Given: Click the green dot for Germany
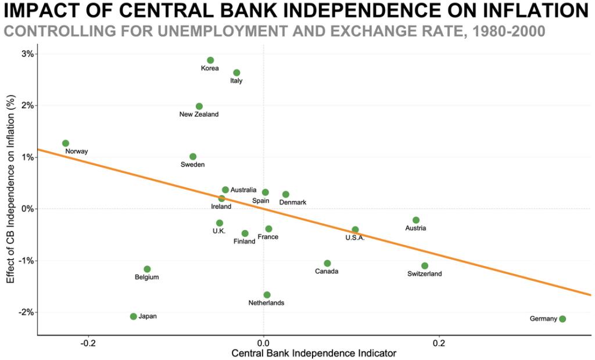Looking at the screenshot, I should pyautogui.click(x=562, y=319).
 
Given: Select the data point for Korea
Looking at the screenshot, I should pyautogui.click(x=210, y=60).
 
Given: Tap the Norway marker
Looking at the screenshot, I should pyautogui.click(x=66, y=143).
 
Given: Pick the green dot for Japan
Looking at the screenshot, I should pyautogui.click(x=134, y=316).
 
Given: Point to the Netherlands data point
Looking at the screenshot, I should pyautogui.click(x=267, y=295).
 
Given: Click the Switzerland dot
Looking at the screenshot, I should pyautogui.click(x=425, y=266).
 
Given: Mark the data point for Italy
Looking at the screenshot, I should pyautogui.click(x=236, y=73).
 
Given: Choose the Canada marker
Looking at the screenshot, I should pyautogui.click(x=327, y=264).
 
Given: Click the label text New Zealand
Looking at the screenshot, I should pyautogui.click(x=199, y=114).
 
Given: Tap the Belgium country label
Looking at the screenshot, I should pyautogui.click(x=146, y=277).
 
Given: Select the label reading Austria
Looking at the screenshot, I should pyautogui.click(x=415, y=228).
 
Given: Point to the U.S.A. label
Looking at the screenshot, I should pyautogui.click(x=354, y=238).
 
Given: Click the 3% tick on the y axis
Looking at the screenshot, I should pyautogui.click(x=27, y=54).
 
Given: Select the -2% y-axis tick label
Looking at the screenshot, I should pyautogui.click(x=26, y=312).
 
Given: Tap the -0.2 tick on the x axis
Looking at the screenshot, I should pyautogui.click(x=88, y=342).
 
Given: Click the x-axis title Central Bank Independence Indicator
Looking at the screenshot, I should pyautogui.click(x=314, y=353).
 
